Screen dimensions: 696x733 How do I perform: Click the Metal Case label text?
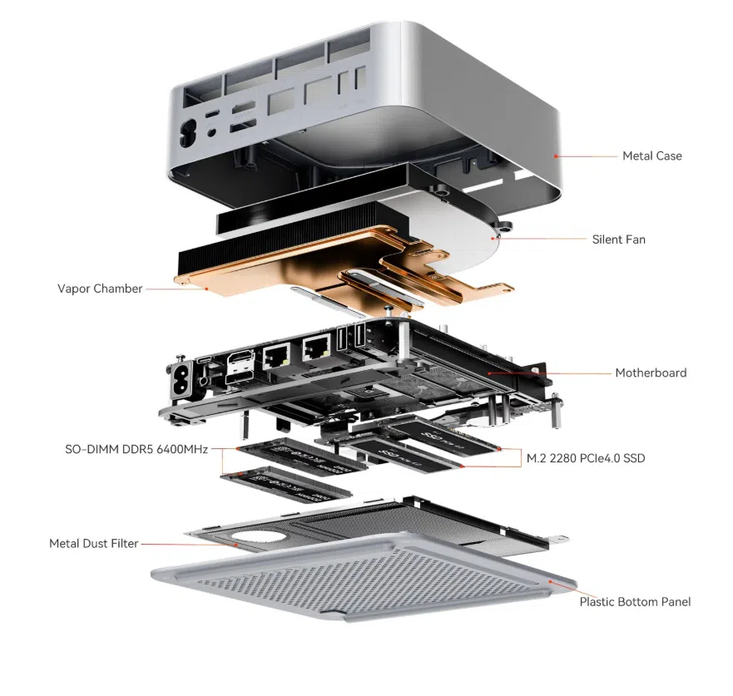[x=651, y=155]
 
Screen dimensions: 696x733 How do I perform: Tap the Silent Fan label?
[x=618, y=239]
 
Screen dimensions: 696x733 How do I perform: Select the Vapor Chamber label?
[x=100, y=289]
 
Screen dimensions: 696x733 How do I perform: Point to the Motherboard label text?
[x=651, y=373]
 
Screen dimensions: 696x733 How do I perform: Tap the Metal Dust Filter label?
[x=93, y=544]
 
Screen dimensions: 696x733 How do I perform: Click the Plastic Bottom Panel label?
[x=635, y=601]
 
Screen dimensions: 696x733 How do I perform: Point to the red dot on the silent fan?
[x=496, y=239]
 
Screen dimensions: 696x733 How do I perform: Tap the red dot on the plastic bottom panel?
[x=550, y=583]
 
